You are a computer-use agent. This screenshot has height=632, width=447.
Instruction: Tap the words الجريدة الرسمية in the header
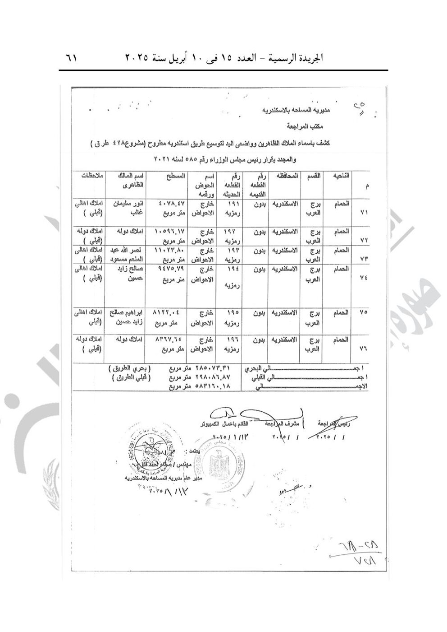coord(300,59)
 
